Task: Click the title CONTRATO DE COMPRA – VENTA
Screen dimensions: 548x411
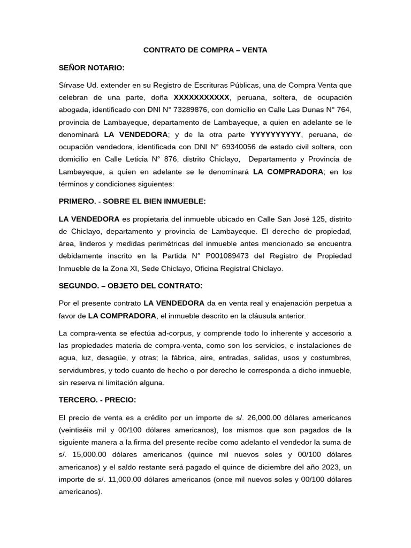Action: pos(205,50)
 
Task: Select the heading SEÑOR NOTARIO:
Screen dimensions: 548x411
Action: pos(91,67)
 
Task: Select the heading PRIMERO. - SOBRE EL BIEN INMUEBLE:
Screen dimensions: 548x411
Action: pos(132,201)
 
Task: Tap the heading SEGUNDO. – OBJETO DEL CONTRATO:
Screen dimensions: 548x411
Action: pos(130,285)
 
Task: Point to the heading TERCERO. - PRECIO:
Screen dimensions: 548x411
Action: pos(97,399)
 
